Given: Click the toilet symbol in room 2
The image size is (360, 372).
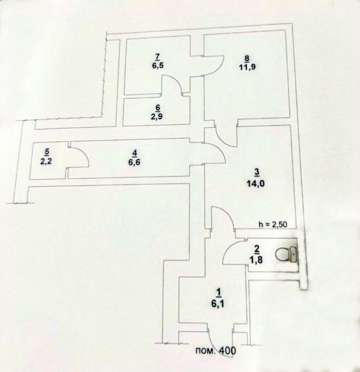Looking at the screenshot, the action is (x=286, y=255).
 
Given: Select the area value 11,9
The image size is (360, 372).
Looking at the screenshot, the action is (x=247, y=67).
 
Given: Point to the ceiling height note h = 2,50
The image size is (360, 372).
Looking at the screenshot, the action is (x=273, y=224).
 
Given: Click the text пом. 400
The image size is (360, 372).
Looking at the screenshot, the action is (x=216, y=350).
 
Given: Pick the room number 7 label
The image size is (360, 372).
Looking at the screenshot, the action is (x=158, y=56).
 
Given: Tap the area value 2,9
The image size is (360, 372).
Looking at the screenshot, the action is (x=157, y=116).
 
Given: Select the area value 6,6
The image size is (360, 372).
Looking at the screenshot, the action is (x=135, y=163).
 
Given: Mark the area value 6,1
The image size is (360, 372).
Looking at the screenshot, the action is (x=218, y=303).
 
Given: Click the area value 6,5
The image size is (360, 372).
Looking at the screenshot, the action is (x=158, y=65).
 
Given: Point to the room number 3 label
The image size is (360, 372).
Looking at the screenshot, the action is (x=257, y=173).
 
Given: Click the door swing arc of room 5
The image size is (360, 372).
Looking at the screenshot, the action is (x=83, y=153).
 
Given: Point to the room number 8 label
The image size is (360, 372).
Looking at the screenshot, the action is (x=247, y=58).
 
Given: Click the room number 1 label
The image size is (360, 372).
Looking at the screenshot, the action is (x=219, y=292).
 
